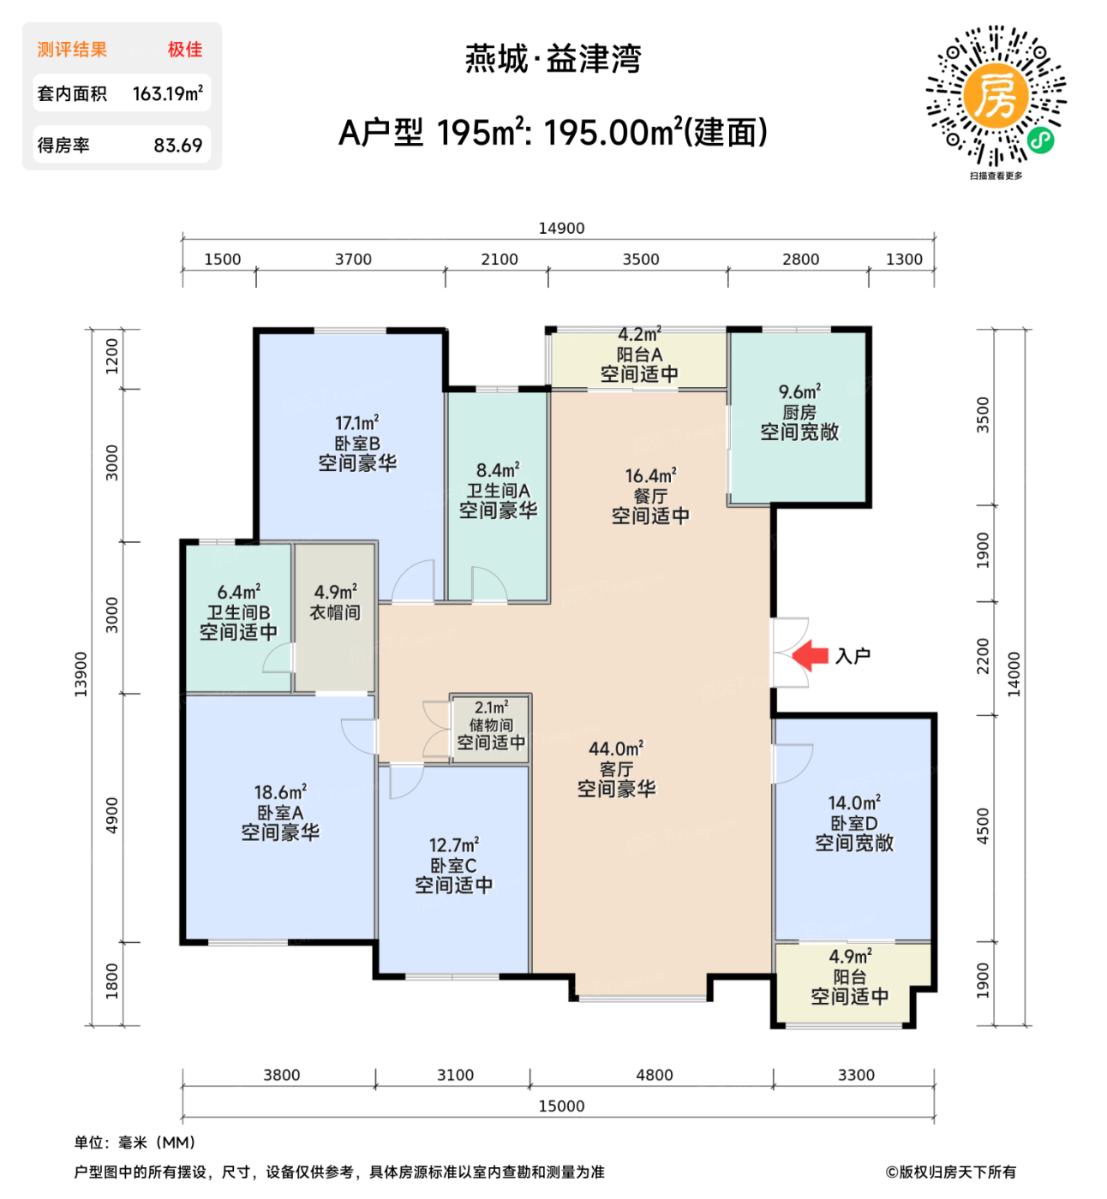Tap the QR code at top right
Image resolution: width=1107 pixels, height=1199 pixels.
[996, 95]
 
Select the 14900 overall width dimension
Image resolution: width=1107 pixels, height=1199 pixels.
[561, 228]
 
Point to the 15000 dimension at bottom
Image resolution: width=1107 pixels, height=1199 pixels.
[561, 1106]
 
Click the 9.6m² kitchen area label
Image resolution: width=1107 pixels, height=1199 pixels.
[799, 392]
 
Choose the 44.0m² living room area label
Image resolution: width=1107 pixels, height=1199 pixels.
[616, 749]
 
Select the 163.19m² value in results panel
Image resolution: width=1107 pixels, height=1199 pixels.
[167, 93]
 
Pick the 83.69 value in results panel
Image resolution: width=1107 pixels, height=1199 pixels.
[177, 145]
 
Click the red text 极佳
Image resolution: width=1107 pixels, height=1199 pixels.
[185, 50]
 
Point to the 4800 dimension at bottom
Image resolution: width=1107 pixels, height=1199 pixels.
[654, 1075]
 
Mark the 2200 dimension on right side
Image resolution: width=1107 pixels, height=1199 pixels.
[983, 656]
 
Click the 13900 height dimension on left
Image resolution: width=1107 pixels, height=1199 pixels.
[81, 674]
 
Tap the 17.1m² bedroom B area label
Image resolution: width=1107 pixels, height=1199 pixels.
[357, 422]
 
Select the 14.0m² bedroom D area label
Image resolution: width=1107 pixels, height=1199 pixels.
[854, 803]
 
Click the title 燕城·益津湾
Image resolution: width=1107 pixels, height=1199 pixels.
[553, 58]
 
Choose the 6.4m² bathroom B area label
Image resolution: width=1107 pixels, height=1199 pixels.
[239, 592]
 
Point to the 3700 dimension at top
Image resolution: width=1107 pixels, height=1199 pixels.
[353, 259]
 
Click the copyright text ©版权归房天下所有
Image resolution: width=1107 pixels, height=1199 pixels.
[950, 1172]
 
